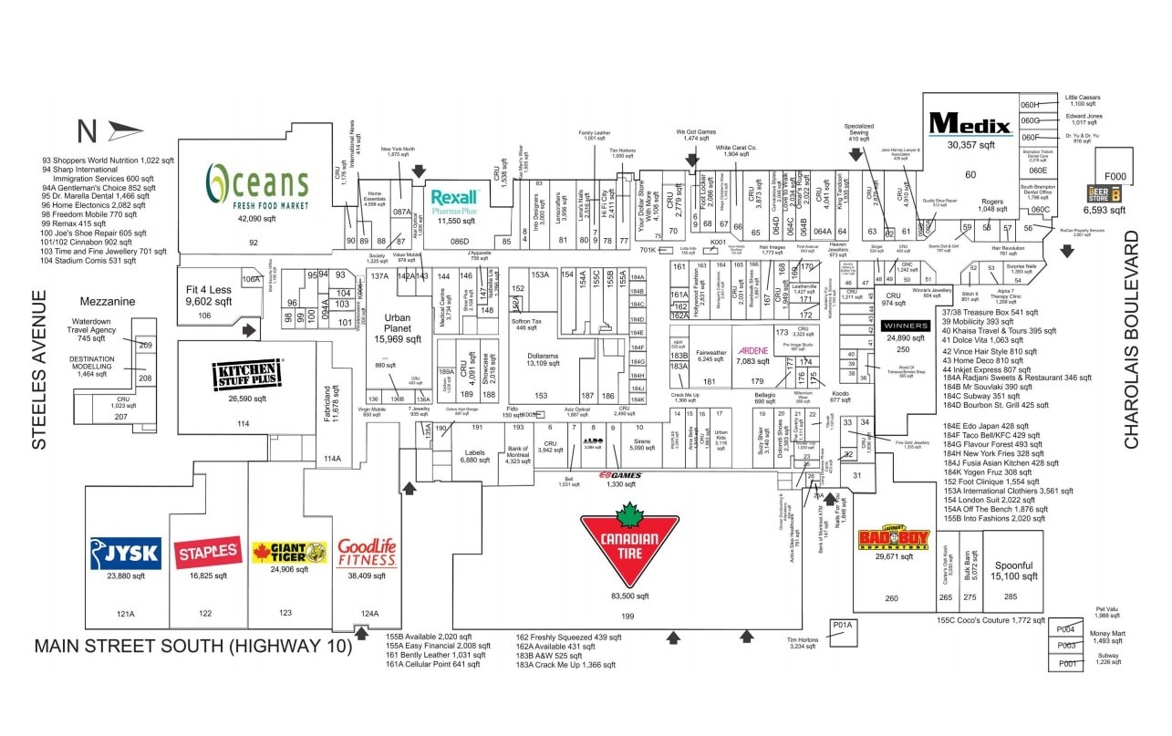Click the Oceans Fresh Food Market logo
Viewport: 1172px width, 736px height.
(257, 185)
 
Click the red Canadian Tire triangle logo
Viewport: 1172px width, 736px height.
(629, 544)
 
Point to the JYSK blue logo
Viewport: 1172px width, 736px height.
(126, 553)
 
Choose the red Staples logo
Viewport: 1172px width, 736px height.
(208, 553)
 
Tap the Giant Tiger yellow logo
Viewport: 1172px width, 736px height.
(289, 553)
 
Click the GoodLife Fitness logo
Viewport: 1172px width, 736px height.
(367, 552)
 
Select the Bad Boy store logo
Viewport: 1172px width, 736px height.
(893, 539)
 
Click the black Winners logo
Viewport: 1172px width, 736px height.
(906, 326)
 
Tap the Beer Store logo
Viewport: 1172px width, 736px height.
(1109, 193)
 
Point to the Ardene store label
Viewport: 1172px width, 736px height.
(753, 350)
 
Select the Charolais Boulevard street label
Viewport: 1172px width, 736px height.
(1132, 339)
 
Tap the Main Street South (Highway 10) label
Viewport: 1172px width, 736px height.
(192, 647)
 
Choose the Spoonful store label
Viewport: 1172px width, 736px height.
(1014, 565)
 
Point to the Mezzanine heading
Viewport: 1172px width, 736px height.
(108, 301)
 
